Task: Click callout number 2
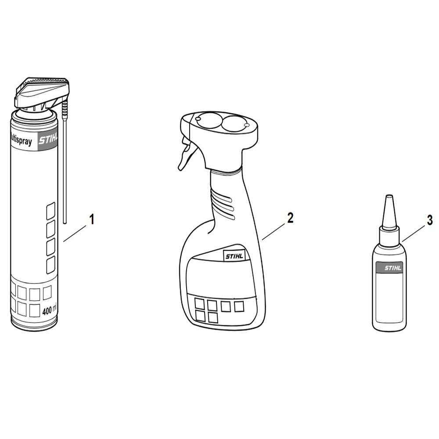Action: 290,218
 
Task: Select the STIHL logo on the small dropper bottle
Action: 389,268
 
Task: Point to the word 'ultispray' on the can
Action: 21,142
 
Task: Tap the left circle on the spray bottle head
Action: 207,121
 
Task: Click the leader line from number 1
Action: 75,233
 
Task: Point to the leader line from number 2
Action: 274,231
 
